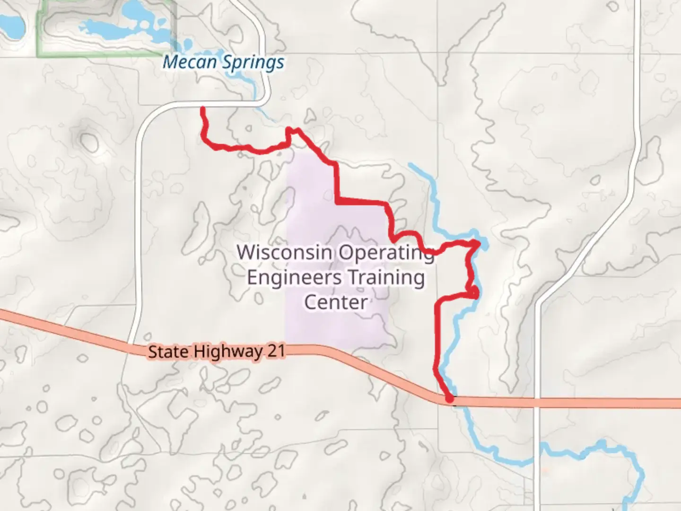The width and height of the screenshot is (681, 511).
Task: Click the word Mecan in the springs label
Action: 190,62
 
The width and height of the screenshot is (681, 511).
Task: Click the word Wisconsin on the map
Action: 284,252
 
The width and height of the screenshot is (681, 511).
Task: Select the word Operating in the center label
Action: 385,253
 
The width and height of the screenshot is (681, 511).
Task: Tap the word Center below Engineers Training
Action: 335,302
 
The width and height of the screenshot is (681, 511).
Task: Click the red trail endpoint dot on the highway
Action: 450,400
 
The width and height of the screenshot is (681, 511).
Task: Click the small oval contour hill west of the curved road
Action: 88,140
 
